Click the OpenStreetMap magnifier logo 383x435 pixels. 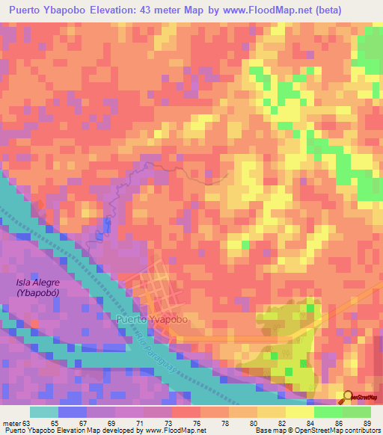coord(349,398)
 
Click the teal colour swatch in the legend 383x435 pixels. coord(44,411)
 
